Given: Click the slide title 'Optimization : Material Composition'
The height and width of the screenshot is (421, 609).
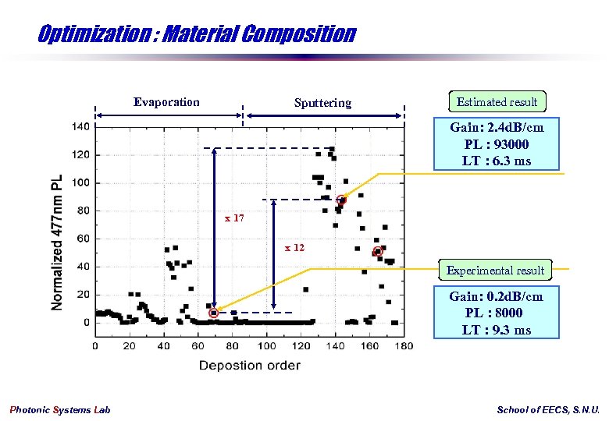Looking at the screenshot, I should [196, 34].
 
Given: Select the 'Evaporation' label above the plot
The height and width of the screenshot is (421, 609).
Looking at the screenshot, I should [166, 102].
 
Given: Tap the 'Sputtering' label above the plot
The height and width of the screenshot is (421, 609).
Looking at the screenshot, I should [322, 103].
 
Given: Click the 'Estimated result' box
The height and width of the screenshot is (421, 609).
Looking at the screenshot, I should [497, 102].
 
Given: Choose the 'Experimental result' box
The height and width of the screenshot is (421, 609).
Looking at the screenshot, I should [495, 271].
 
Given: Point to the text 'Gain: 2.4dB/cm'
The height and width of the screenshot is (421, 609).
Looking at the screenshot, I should [497, 128].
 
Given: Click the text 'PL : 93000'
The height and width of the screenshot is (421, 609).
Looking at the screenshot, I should [497, 144].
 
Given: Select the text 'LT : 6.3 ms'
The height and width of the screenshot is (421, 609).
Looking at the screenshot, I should [497, 161].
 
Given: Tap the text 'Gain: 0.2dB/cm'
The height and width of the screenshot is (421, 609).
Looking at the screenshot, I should [496, 296].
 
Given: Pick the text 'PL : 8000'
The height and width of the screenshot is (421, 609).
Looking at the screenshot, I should [496, 313].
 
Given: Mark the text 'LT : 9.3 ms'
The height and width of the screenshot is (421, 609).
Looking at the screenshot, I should [496, 330].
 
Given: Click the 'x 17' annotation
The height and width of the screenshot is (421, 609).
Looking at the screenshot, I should [234, 218].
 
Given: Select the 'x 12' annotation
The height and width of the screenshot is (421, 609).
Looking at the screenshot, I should [294, 247].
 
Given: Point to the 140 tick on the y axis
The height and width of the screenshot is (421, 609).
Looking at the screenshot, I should [81, 126].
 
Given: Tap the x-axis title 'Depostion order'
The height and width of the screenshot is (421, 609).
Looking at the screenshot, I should [249, 365].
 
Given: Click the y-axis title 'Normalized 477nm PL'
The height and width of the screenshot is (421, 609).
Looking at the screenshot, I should [57, 242].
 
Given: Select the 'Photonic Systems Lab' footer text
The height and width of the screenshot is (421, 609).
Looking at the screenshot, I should [60, 410].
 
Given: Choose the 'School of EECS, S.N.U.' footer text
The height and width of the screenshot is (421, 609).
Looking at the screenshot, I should [548, 410].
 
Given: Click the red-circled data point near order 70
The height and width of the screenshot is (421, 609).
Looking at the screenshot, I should [214, 313].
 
